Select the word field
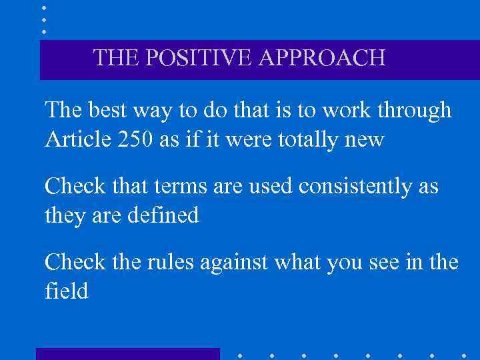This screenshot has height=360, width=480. pos(66,291)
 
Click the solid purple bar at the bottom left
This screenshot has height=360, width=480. pos(127,354)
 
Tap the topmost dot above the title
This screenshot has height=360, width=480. pos(44,8)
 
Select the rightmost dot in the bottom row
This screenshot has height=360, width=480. pos(463,355)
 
